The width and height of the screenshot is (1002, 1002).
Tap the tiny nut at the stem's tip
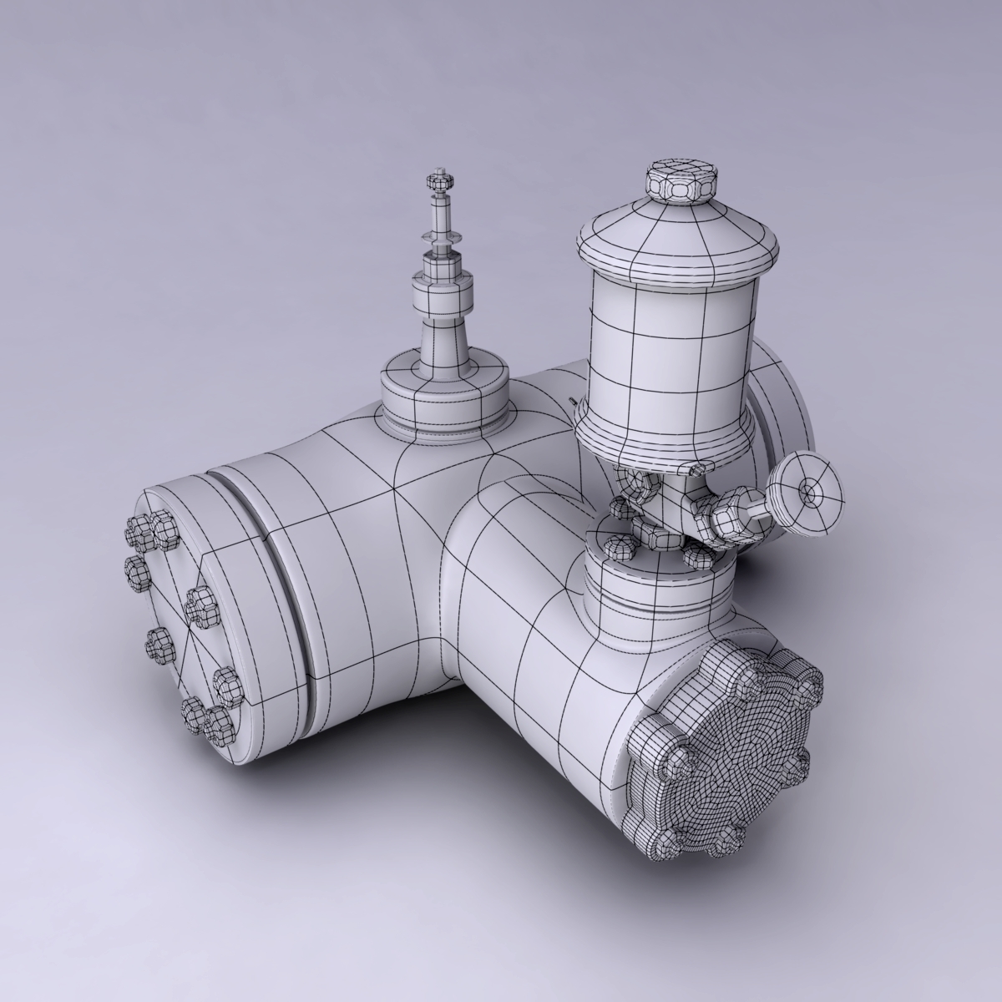pyautogui.click(x=438, y=179)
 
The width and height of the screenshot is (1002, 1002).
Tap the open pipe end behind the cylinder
pyautogui.click(x=785, y=417)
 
